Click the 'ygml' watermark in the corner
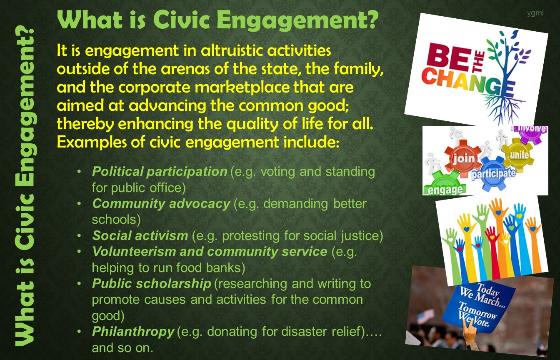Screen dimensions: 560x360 (535, 13)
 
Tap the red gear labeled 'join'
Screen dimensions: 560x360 (463, 158)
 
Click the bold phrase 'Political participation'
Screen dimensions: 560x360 (160, 172)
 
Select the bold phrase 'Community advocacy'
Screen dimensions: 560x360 (161, 203)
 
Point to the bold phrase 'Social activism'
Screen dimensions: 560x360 (140, 235)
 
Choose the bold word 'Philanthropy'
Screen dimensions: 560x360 (133, 332)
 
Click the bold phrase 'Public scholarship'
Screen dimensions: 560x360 (152, 284)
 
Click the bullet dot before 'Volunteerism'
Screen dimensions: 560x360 (79, 251)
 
